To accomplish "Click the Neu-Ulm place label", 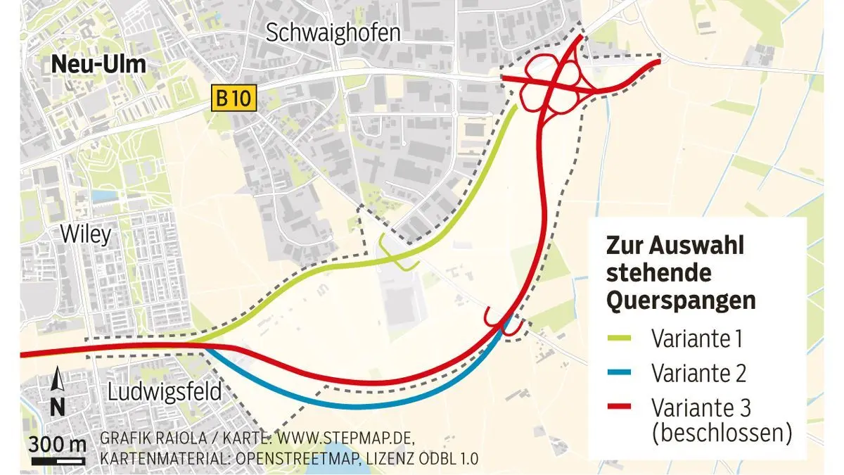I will [x=98, y=65].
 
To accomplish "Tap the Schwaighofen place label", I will [x=333, y=33].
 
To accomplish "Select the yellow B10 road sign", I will [x=231, y=98].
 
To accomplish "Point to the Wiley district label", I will [x=86, y=234].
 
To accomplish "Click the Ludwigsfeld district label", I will [x=165, y=391].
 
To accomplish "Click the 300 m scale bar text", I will [x=57, y=445].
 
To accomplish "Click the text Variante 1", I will [x=698, y=339].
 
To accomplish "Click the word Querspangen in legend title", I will [x=681, y=300].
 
